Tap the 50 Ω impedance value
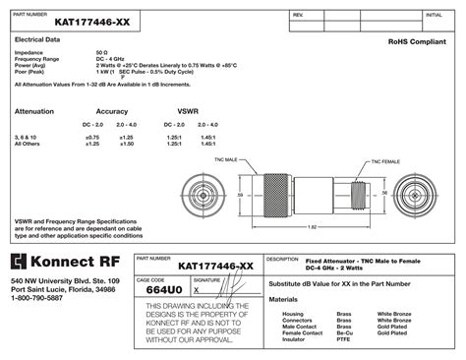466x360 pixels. coord(101,52)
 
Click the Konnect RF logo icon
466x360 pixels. coord(23,263)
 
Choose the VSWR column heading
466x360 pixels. coord(188,111)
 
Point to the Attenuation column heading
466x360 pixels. coord(34,111)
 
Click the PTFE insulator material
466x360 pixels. coord(343,339)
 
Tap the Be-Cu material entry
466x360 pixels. coord(344,332)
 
